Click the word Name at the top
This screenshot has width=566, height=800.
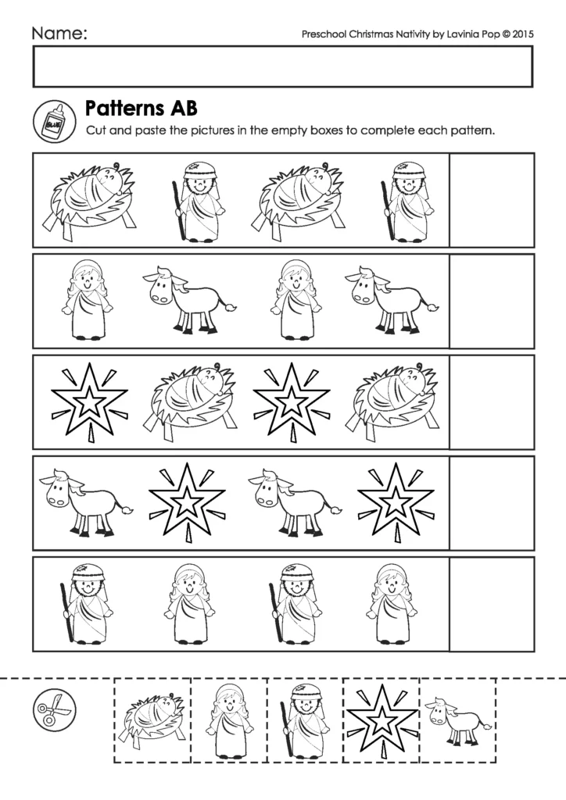[58, 33]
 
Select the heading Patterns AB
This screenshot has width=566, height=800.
[141, 107]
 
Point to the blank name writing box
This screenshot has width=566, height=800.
[282, 66]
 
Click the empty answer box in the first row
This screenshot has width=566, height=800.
[492, 199]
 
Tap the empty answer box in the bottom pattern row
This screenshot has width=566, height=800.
[492, 603]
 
